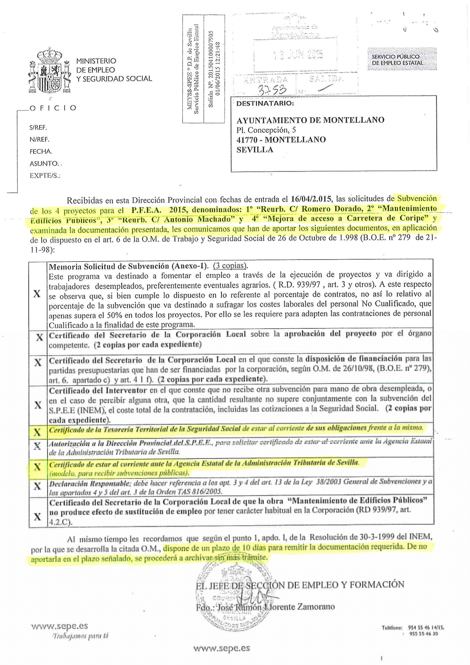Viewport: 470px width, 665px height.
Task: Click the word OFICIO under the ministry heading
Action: point(53,108)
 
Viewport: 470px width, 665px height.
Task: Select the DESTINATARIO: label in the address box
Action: point(265,104)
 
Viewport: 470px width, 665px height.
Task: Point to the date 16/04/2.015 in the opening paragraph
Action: point(311,199)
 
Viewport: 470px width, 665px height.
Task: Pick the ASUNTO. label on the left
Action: point(44,164)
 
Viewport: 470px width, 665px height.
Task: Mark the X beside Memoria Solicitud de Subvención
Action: point(37,294)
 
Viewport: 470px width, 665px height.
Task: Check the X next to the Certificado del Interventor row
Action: point(38,405)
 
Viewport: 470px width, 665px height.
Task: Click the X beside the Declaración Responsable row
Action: point(37,486)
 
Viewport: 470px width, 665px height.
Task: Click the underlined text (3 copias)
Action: point(230,266)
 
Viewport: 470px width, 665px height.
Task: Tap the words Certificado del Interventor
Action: point(98,391)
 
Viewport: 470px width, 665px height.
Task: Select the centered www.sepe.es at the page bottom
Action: point(222,648)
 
